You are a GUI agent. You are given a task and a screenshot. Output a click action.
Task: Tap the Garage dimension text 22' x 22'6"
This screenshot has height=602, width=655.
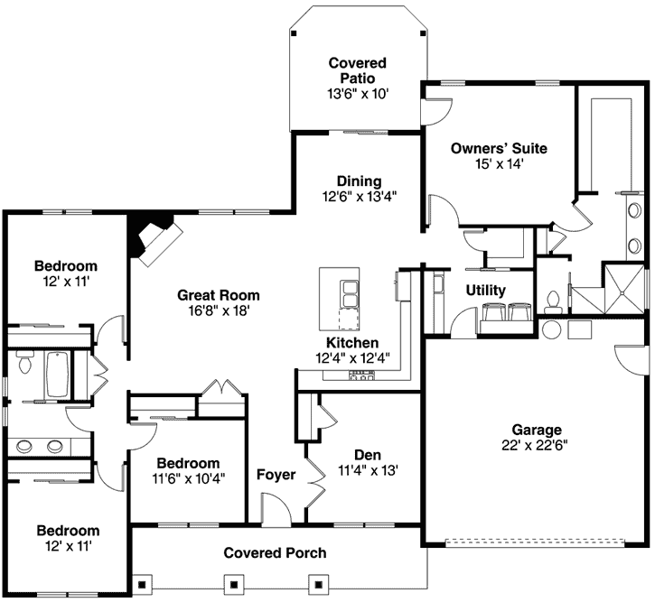[x=536, y=445]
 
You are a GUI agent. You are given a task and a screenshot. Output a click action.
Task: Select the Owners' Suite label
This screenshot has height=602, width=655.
[x=499, y=148]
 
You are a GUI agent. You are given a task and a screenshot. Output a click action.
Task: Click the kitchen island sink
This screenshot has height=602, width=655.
[x=349, y=293]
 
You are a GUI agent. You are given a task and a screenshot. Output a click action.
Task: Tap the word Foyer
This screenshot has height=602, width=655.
[x=276, y=475]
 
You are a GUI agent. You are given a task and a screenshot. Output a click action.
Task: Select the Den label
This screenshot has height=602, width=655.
[x=366, y=455]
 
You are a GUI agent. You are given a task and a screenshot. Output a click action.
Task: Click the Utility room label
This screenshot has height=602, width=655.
[x=485, y=291]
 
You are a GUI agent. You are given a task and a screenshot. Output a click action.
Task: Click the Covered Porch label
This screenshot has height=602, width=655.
[x=275, y=552]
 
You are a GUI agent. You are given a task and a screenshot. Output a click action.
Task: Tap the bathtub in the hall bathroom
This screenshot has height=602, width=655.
[x=56, y=375]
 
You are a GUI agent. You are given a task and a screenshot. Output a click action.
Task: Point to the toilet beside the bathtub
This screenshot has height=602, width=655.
[x=24, y=366]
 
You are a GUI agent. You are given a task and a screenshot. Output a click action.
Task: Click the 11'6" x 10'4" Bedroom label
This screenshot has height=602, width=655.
[x=189, y=462]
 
